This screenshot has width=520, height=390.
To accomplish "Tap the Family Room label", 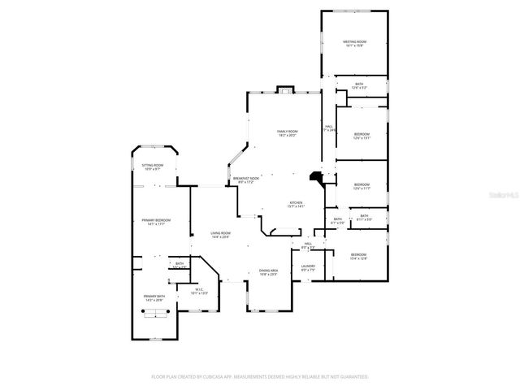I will coord(288,133).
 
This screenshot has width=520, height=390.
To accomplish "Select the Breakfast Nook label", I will coord(245,180).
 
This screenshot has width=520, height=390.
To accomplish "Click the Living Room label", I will coord(220,236).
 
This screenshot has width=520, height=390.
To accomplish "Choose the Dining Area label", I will coord(268,272).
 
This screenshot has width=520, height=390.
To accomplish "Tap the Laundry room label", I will coord(308,267).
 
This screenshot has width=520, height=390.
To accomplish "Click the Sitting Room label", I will coord(153,167).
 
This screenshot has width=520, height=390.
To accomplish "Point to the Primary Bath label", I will coord(154,298).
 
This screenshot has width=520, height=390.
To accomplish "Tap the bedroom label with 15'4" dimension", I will coord(358,257).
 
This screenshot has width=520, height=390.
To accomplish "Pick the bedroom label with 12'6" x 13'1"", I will coord(362,136).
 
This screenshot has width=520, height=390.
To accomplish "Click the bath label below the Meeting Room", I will coord(359,84).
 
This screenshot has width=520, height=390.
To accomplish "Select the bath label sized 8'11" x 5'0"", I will coord(364,217).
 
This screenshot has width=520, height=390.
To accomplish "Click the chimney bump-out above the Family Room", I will coord(284,89).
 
